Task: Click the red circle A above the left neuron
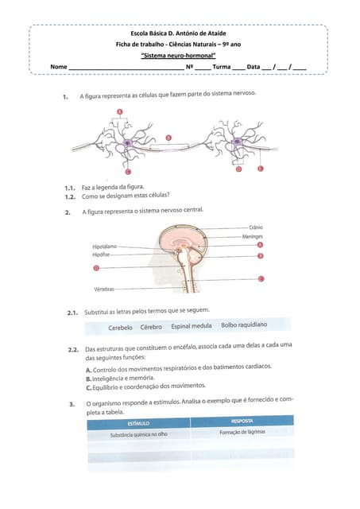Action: [x=120, y=111]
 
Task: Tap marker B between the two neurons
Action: [x=168, y=137]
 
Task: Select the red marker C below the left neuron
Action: [x=128, y=171]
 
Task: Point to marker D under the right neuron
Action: [x=239, y=169]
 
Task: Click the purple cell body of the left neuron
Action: [x=127, y=144]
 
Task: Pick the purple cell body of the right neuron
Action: [x=238, y=144]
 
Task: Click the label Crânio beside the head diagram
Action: [x=256, y=228]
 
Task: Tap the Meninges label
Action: [x=254, y=237]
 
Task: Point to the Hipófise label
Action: [x=101, y=255]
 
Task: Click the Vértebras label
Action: [x=103, y=289]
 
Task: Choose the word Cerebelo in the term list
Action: [x=120, y=327]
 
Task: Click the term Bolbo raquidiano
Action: [x=244, y=325]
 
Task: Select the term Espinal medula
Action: [x=191, y=326]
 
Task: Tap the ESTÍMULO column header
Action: [x=139, y=424]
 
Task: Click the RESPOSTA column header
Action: [x=242, y=421]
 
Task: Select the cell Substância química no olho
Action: [x=139, y=435]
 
